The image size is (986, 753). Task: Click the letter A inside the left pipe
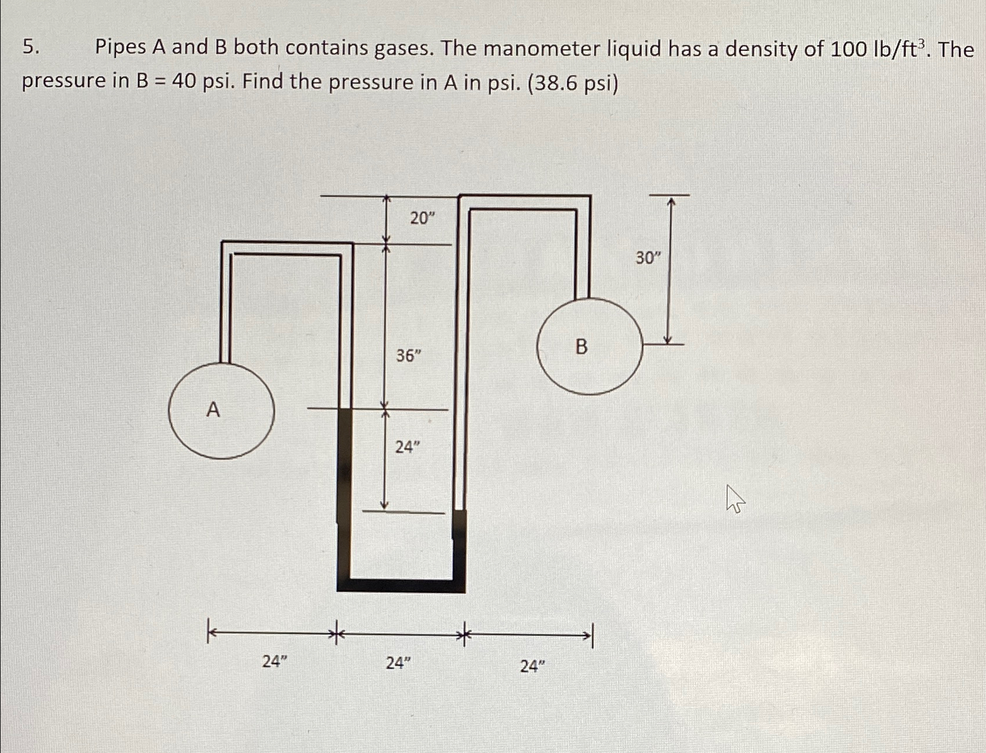[213, 410]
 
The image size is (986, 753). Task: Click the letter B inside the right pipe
[581, 347]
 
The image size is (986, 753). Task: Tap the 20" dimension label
[422, 219]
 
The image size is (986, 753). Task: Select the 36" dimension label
[409, 355]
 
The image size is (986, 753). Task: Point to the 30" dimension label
[648, 258]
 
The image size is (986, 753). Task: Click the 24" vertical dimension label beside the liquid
[408, 447]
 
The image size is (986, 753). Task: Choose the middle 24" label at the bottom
[398, 663]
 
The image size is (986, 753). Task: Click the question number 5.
[31, 47]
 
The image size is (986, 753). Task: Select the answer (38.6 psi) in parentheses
[573, 83]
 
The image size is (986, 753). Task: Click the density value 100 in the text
[848, 50]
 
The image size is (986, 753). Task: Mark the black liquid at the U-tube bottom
[401, 586]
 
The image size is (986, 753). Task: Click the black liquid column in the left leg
[345, 466]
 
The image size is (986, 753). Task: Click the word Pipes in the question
[121, 47]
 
